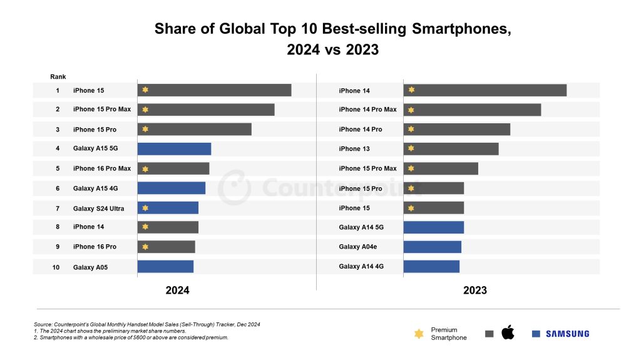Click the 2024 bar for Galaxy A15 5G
click(x=174, y=149)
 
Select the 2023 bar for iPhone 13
click(x=451, y=149)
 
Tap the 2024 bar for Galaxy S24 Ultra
click(x=168, y=208)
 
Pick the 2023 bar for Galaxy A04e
click(x=432, y=247)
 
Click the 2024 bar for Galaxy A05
click(x=165, y=267)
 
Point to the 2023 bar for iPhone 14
click(x=485, y=90)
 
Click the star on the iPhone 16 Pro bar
click(x=145, y=247)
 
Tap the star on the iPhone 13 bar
click(x=411, y=148)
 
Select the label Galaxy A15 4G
click(x=95, y=188)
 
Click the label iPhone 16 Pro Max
click(x=102, y=168)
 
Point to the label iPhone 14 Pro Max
click(x=367, y=110)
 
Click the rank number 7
click(x=58, y=208)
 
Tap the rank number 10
click(x=56, y=267)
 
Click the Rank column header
click(x=58, y=77)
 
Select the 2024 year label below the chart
click(x=177, y=291)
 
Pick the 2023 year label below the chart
click(x=475, y=291)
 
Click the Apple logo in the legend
click(x=508, y=332)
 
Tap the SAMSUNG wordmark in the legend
click(x=567, y=334)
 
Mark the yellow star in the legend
click(x=419, y=334)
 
